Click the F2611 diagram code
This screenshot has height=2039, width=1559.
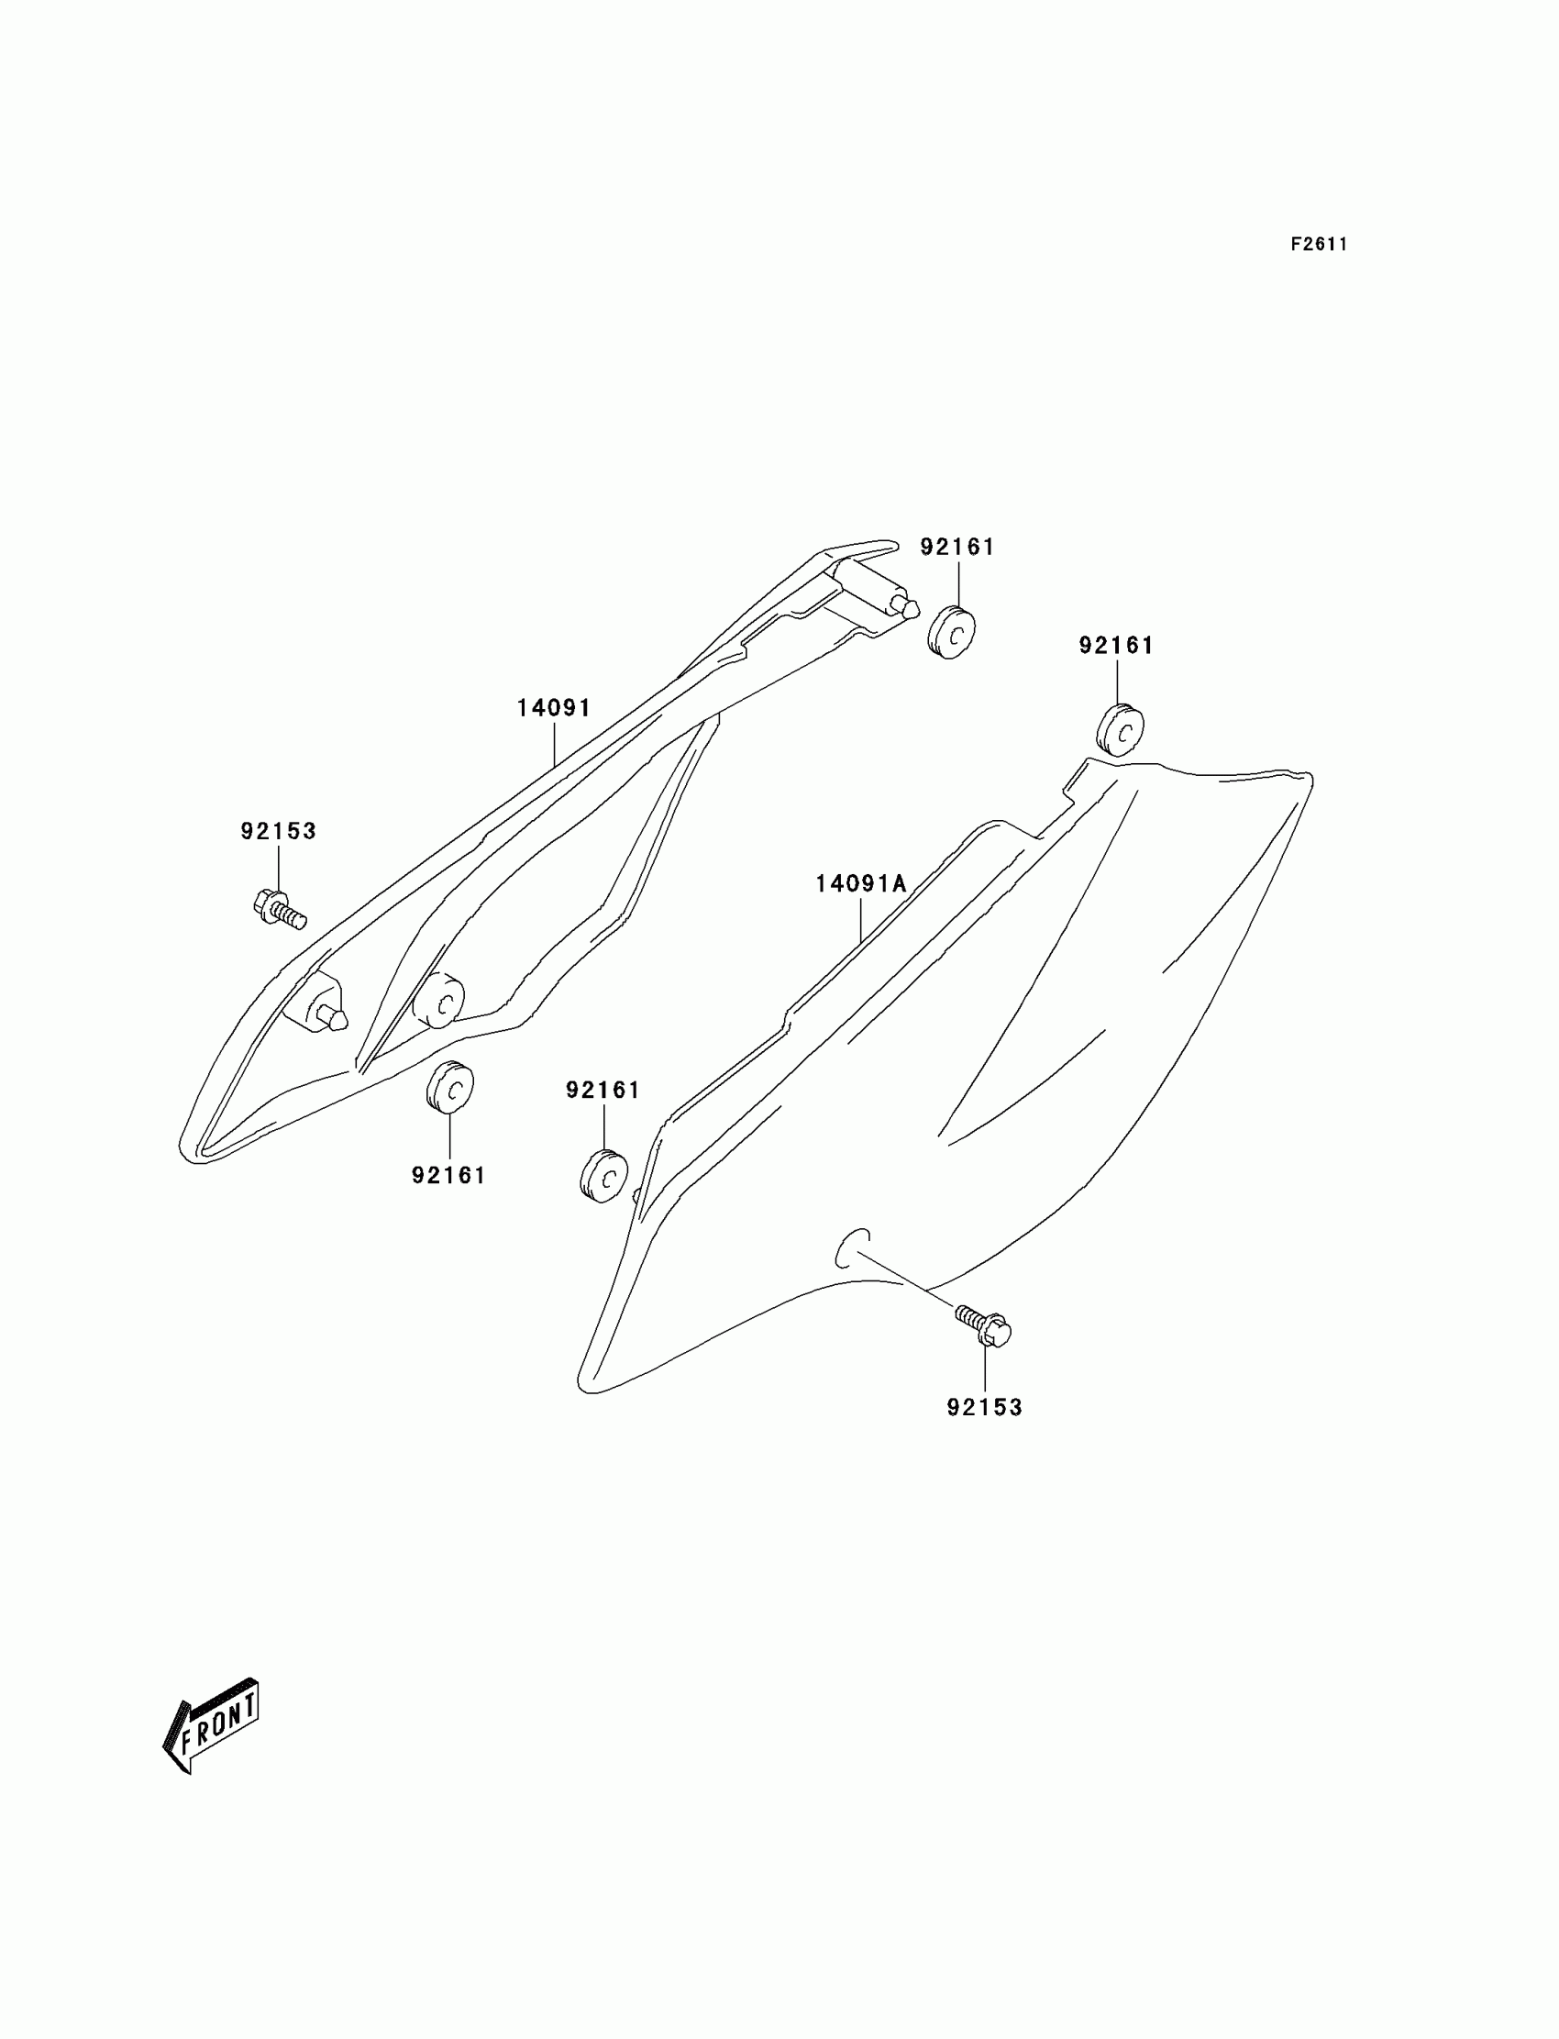1319,245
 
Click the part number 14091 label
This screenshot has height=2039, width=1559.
554,708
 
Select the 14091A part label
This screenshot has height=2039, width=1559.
860,883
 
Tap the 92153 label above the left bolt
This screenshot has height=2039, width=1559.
279,832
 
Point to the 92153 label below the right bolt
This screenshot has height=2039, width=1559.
985,1408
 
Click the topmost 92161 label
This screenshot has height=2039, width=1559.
956,548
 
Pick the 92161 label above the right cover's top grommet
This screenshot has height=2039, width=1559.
1115,646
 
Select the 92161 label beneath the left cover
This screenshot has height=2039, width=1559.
449,1176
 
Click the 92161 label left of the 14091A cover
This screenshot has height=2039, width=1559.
603,1091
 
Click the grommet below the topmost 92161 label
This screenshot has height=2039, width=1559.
951,632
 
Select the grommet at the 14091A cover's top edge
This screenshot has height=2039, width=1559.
1119,730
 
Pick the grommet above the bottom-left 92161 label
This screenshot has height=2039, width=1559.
450,1085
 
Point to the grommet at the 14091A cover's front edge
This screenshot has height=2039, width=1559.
604,1177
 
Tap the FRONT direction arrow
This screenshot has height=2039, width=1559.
213,1726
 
